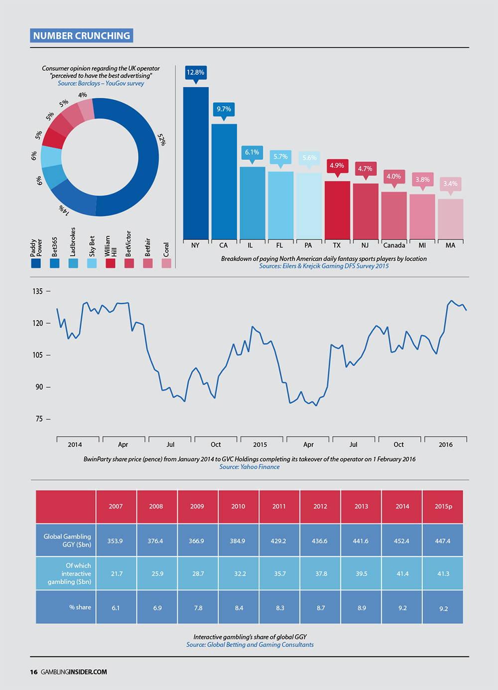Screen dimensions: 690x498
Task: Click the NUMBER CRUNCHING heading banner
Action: (x=82, y=35)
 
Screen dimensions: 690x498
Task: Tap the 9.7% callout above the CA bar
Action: (x=224, y=109)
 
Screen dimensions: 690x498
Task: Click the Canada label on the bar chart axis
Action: (x=394, y=245)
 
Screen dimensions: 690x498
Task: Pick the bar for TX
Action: (x=337, y=210)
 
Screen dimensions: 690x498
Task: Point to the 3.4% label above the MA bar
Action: (x=450, y=184)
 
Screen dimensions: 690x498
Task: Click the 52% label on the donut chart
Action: (x=161, y=139)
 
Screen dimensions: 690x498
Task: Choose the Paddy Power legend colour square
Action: (x=36, y=263)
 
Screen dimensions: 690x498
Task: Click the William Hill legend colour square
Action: (x=111, y=263)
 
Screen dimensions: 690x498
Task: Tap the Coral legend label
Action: (x=166, y=249)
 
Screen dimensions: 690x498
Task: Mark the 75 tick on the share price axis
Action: (x=39, y=419)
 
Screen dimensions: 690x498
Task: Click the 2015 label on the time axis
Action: (x=260, y=444)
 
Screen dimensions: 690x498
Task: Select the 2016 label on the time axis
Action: (x=446, y=444)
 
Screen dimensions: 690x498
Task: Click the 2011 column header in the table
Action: (x=279, y=506)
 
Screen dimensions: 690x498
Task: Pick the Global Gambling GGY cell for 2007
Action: (x=116, y=541)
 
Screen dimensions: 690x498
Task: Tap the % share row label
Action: (x=80, y=607)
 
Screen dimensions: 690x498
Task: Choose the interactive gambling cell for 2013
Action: (x=361, y=574)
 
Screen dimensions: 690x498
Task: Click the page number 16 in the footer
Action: (x=33, y=672)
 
